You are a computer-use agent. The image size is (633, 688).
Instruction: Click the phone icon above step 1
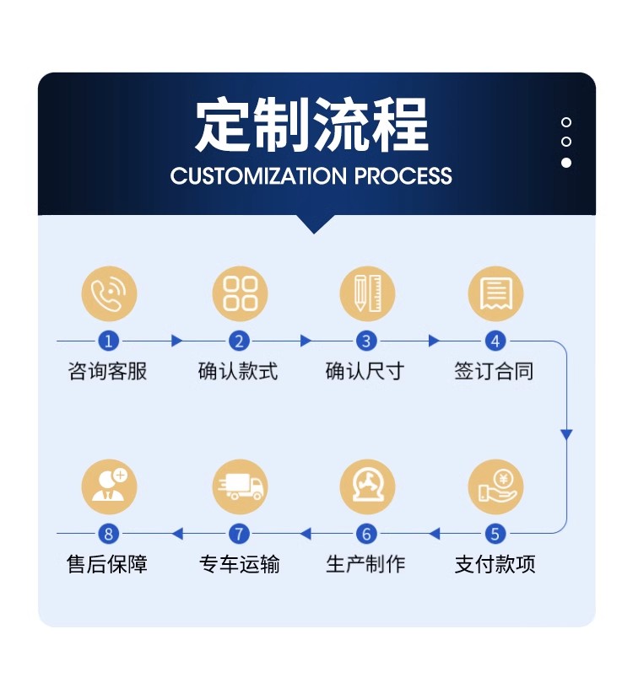[x=109, y=293]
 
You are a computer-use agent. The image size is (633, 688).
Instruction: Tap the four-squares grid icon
[x=240, y=293]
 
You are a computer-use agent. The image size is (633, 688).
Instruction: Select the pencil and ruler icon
[x=367, y=293]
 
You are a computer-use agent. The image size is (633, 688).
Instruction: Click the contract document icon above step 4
[x=495, y=293]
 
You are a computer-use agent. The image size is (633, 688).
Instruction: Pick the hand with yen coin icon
[x=495, y=486]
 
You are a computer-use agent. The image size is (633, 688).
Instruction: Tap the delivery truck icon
[x=240, y=486]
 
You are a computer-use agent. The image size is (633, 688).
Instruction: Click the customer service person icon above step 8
[x=109, y=486]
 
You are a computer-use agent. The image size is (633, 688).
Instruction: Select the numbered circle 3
[x=366, y=341]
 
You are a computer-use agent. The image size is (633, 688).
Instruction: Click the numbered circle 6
[x=366, y=534]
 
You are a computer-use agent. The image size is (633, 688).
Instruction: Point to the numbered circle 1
[x=109, y=341]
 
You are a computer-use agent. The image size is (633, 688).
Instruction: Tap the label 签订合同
[x=495, y=371]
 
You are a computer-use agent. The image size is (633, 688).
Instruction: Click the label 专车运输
[x=240, y=564]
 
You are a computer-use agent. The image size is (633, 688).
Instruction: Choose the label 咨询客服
[x=108, y=371]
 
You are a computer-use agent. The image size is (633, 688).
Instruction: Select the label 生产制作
[x=365, y=564]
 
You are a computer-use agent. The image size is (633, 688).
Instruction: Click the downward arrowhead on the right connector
[x=566, y=434]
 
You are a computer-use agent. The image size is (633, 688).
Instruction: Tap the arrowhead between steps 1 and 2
[x=176, y=341]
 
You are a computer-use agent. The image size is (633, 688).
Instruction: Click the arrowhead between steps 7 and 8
[x=177, y=534]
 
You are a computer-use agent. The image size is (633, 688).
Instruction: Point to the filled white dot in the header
[x=566, y=163]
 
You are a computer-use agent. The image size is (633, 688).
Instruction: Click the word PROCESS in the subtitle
[x=403, y=176]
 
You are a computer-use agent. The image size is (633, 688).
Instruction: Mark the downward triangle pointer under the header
[x=314, y=223]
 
